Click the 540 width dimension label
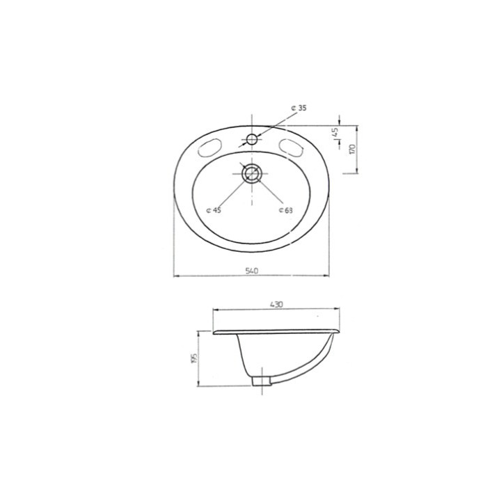coord(251,271)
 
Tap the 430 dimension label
coord(276,305)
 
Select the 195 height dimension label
coord(194,358)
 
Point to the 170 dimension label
coord(352,149)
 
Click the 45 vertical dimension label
coord(335,132)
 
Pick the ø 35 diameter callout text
coord(299,108)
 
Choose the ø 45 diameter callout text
coord(214,210)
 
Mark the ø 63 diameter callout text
coord(285,210)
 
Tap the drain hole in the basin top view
coord(252,173)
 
